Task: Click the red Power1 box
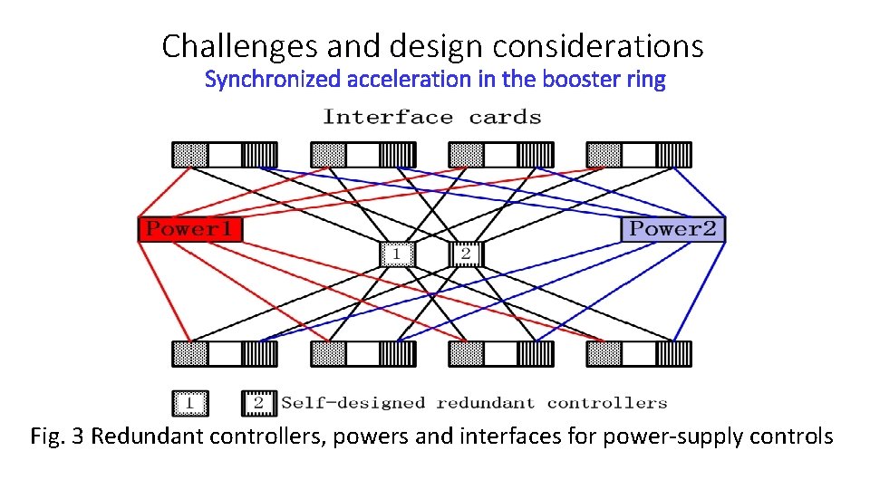[190, 229]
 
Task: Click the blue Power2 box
[672, 229]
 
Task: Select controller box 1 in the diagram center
[395, 254]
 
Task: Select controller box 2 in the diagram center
[466, 254]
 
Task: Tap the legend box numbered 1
[189, 403]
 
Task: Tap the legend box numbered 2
[259, 403]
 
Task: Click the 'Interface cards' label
[432, 117]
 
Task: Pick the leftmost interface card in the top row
[225, 155]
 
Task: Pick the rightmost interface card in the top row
[638, 155]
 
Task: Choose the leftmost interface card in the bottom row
[225, 354]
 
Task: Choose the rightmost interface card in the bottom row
[638, 354]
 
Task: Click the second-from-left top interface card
[362, 155]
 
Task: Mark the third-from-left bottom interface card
[500, 354]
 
